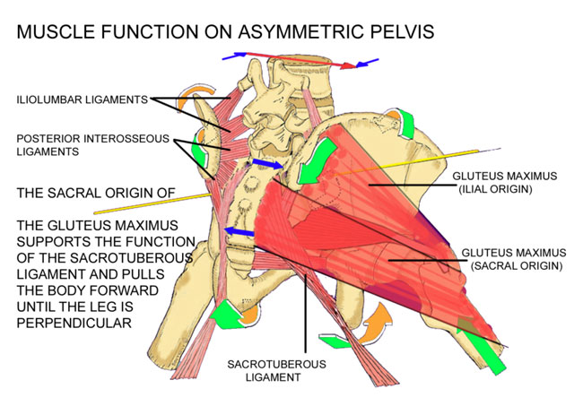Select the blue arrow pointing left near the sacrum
[x=237, y=233]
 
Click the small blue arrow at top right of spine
[x=366, y=65]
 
